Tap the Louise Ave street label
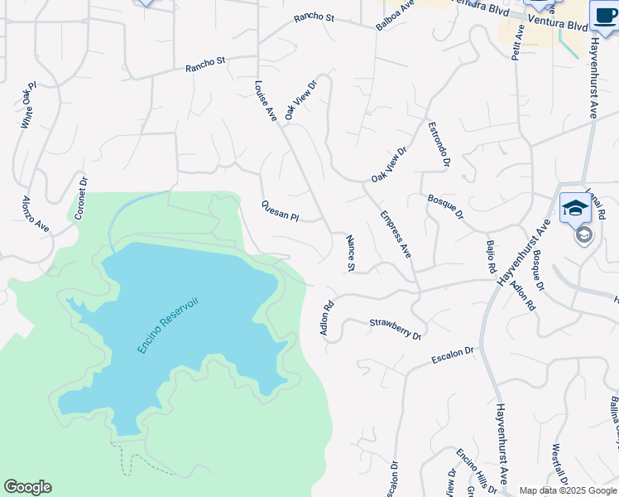click(265, 101)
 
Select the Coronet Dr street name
click(81, 198)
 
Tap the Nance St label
click(350, 253)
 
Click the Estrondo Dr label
click(439, 145)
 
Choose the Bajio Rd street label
click(490, 257)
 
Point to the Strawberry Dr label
click(396, 329)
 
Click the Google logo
click(27, 487)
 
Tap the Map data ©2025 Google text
click(569, 490)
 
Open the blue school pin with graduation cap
click(574, 208)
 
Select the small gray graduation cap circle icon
click(583, 235)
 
